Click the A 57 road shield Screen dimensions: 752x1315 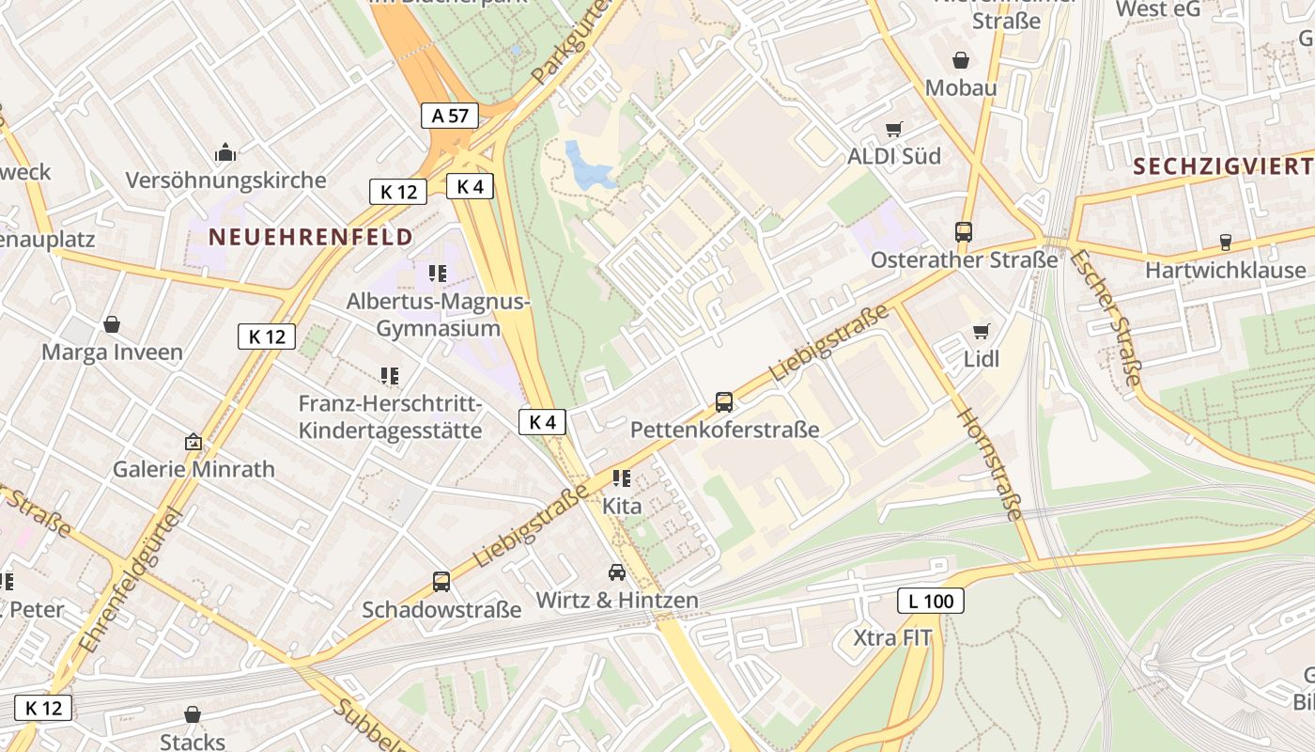point(450,116)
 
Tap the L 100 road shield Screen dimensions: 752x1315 point(931,601)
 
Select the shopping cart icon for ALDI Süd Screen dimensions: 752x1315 point(893,129)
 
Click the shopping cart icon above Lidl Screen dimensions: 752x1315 point(982,331)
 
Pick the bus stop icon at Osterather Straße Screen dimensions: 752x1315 point(963,231)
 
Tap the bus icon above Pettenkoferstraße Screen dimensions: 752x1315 point(724,402)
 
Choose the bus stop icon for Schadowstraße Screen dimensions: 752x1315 point(441,582)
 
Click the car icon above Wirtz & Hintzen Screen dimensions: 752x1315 point(617,572)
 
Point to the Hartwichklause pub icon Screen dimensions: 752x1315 point(1225,243)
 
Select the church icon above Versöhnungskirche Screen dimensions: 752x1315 point(225,152)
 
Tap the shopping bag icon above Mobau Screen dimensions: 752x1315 point(961,60)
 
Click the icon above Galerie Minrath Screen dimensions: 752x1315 point(193,441)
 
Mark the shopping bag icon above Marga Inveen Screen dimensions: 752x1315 point(112,324)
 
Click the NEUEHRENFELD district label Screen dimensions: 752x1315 point(311,236)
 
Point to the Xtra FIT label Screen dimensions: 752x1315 point(892,638)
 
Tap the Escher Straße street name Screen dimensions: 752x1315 point(1106,318)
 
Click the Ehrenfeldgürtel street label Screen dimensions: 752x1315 point(130,580)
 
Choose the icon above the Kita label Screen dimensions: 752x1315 point(621,478)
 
